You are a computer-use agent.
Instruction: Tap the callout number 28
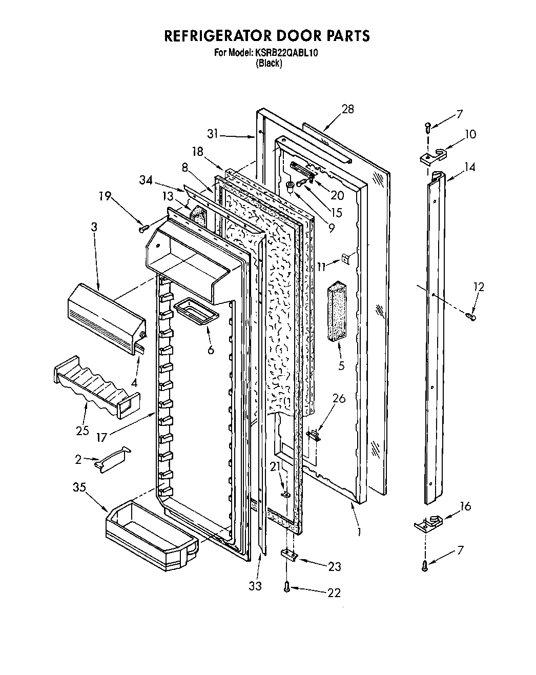click(348, 109)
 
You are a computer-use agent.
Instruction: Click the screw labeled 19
click(143, 227)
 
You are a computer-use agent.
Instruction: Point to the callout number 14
click(470, 167)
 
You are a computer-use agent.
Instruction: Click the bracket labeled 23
click(289, 556)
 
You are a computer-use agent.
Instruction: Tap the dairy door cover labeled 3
click(105, 316)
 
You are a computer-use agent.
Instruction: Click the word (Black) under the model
click(269, 64)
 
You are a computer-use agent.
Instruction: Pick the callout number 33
click(255, 585)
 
